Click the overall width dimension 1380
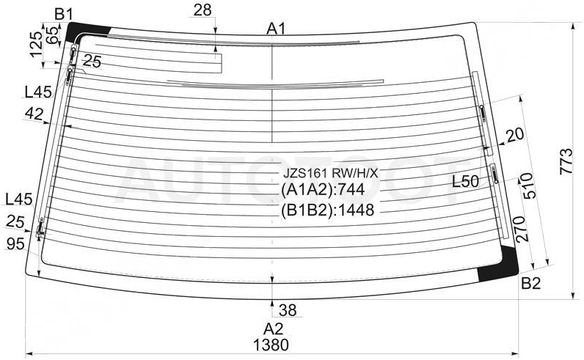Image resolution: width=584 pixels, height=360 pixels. pyautogui.click(x=271, y=345)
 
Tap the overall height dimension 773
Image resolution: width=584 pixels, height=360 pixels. pyautogui.click(x=566, y=161)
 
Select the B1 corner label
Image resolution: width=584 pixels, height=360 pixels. pyautogui.click(x=63, y=14)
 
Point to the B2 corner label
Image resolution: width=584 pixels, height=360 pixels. pyautogui.click(x=530, y=284)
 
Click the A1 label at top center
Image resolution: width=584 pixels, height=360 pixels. pyautogui.click(x=276, y=29)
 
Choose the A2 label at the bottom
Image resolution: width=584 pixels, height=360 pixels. pyautogui.click(x=274, y=328)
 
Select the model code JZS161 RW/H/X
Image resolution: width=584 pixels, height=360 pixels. pyautogui.click(x=330, y=173)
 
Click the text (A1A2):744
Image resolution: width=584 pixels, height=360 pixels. pyautogui.click(x=323, y=190)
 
